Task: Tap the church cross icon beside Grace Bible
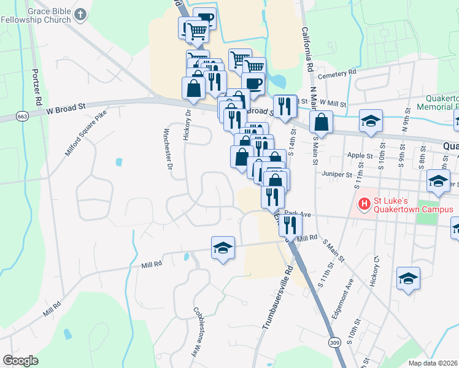click(x=80, y=15)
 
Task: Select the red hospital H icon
click(x=364, y=202)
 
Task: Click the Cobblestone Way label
click(x=202, y=333)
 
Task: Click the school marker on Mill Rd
click(x=223, y=248)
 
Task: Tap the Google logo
click(x=20, y=361)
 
